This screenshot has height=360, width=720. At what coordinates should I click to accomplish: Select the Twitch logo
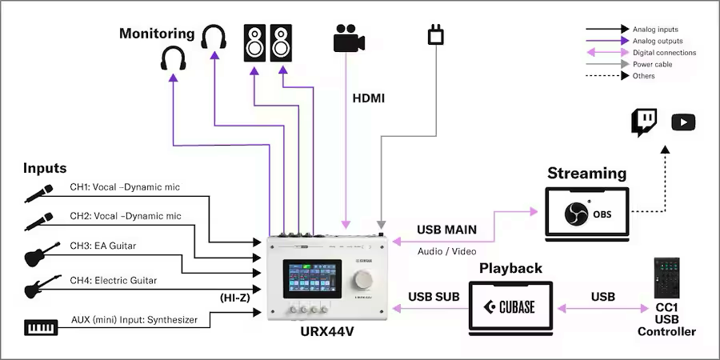[x=644, y=122]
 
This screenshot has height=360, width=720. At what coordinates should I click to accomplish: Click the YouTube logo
[x=683, y=122]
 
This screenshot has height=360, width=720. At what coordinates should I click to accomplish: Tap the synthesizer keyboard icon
[x=41, y=327]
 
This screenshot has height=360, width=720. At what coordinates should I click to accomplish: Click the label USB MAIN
[x=446, y=230]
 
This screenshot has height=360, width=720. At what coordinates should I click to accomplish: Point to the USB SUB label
[x=434, y=297]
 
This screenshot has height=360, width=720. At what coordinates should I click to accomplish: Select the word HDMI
[x=369, y=98]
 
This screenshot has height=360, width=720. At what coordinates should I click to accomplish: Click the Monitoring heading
[x=157, y=34]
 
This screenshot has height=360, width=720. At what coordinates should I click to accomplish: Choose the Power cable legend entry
[x=652, y=64]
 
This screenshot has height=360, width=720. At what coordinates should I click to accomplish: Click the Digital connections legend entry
[x=663, y=53]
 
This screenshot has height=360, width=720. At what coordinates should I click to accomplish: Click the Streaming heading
[x=586, y=174]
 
